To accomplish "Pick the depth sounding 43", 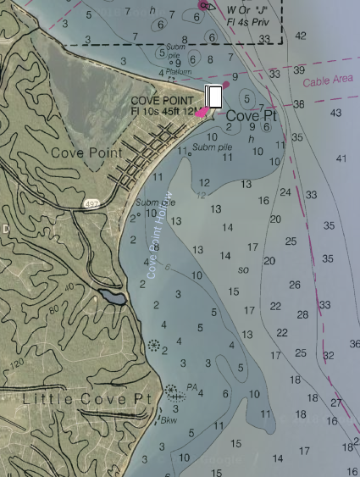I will [x=335, y=113].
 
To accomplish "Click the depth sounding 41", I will [x=341, y=158].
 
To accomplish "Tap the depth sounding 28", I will [x=302, y=314].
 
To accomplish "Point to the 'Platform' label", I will [x=178, y=72].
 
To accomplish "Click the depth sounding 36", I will [x=354, y=344].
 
